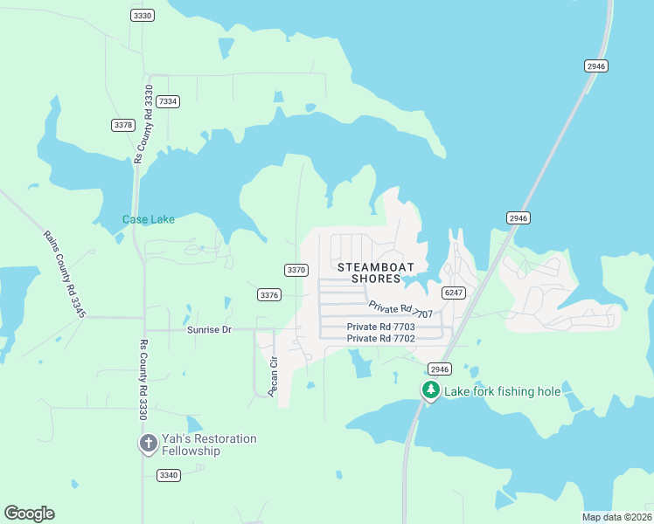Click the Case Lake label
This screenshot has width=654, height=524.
[148, 219]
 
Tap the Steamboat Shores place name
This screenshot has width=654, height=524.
[375, 272]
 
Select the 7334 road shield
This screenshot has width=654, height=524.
[168, 101]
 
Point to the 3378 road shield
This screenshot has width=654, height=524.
[123, 126]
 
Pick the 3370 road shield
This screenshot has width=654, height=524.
[296, 270]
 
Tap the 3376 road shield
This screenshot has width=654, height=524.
[269, 295]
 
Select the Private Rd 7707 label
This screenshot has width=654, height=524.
[400, 309]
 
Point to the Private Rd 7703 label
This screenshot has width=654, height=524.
[380, 327]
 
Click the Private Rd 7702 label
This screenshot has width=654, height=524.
[380, 338]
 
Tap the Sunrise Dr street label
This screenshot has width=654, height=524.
[209, 330]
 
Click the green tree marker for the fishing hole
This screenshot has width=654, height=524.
[430, 390]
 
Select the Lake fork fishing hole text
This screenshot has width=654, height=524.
[502, 391]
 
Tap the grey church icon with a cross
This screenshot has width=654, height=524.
[148, 444]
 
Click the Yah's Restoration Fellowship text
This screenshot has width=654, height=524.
[209, 445]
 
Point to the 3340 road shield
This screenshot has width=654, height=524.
[169, 475]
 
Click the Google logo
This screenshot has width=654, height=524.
[29, 514]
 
